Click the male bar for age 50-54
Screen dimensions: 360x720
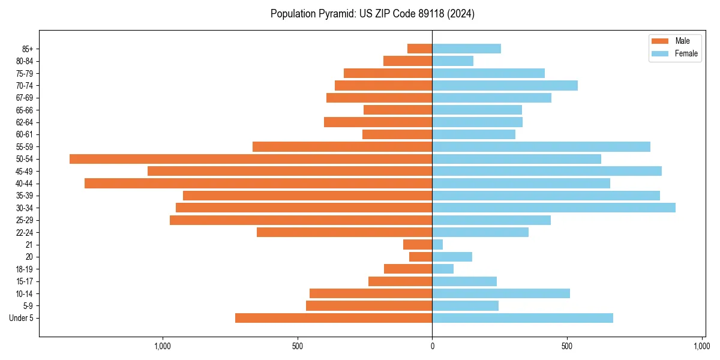tap(251, 159)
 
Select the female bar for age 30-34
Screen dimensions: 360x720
tap(554, 208)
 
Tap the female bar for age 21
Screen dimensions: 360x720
tap(437, 245)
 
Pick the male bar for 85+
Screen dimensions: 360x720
tap(420, 49)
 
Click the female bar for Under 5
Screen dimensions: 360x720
tap(523, 318)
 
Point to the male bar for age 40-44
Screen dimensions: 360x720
tap(258, 184)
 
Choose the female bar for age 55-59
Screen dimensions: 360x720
tap(541, 147)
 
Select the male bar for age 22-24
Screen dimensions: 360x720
tap(344, 232)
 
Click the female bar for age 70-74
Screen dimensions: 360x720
tap(505, 86)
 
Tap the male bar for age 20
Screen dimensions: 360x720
tap(421, 257)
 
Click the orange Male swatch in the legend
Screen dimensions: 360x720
tap(660, 41)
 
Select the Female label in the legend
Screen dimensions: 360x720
tap(686, 53)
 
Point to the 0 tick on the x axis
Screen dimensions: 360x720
tap(432, 346)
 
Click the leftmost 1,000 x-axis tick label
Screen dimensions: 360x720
tap(163, 346)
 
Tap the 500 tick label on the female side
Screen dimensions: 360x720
tap(567, 346)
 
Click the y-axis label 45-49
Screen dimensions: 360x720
tap(25, 172)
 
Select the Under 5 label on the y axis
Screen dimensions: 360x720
tap(21, 318)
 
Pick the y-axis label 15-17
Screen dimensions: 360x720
tap(25, 281)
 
